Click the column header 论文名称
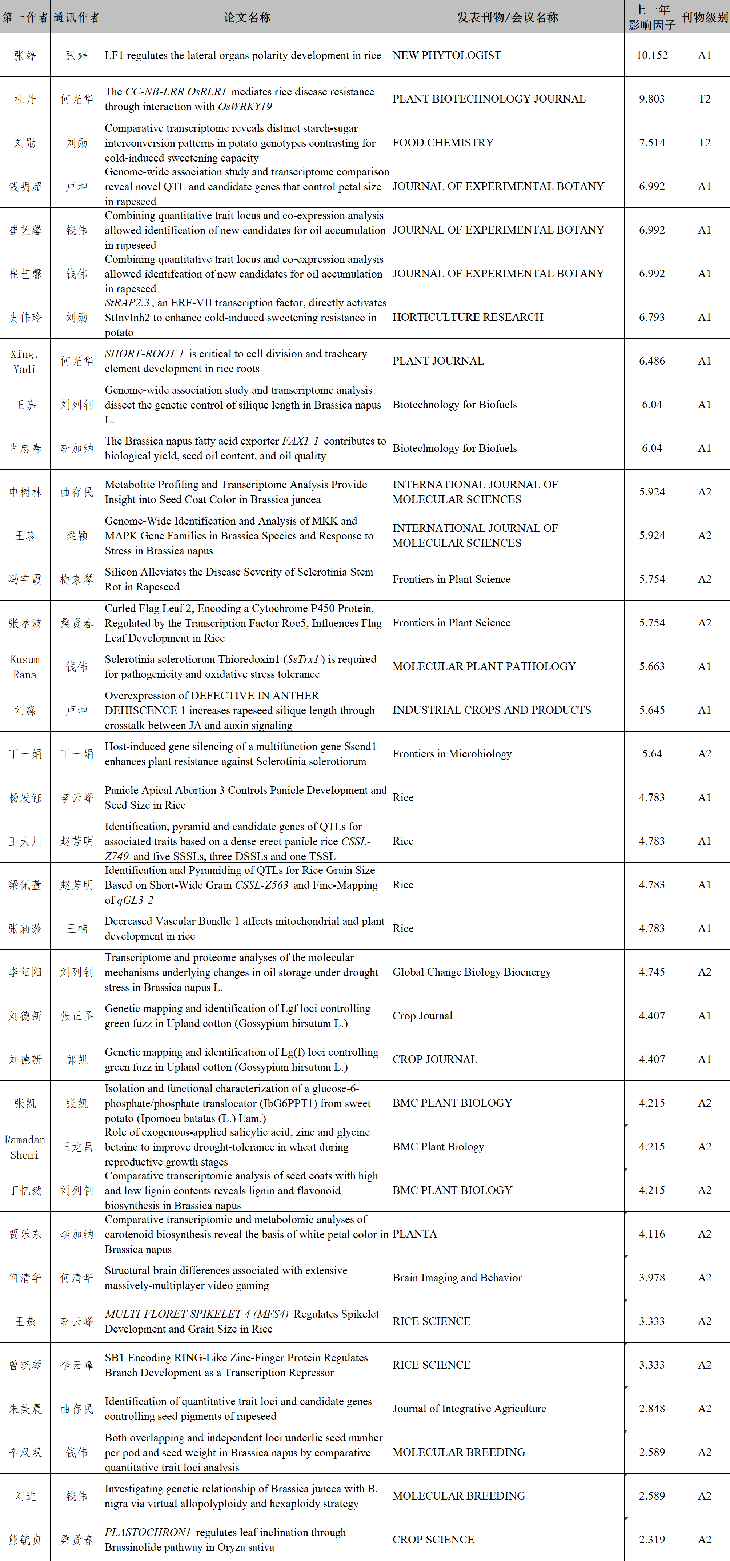point(247,17)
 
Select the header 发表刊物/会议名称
point(507,17)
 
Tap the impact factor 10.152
point(652,55)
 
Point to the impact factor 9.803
point(652,99)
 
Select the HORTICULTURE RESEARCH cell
point(468,317)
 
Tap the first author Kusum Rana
point(25,666)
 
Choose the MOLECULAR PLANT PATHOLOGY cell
point(484,666)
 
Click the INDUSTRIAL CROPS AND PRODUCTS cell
point(491,710)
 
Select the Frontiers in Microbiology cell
point(452,754)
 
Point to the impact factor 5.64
point(652,754)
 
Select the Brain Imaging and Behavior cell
point(457,1277)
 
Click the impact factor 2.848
point(652,1408)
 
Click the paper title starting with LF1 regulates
point(243,55)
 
